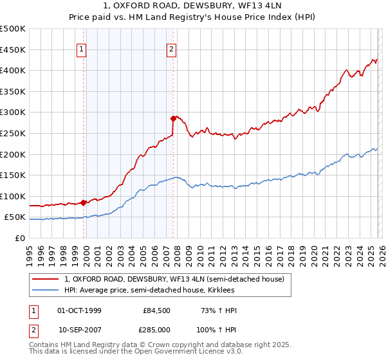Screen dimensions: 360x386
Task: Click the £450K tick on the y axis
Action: [x=13, y=50]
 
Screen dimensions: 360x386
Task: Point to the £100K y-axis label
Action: [x=13, y=196]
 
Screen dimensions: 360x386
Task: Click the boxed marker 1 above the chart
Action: [x=82, y=49]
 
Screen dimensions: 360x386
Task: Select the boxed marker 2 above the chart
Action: [x=172, y=49]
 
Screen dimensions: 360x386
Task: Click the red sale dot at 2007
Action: [x=173, y=118]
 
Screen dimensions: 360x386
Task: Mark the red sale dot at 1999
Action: [x=84, y=203]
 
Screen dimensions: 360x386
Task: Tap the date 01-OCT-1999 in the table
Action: [x=79, y=310]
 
